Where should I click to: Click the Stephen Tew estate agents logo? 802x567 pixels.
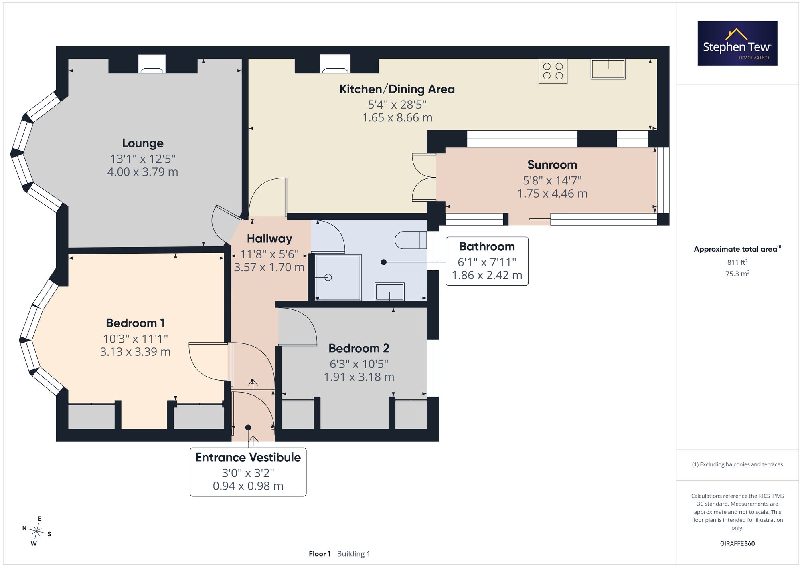click(x=737, y=43)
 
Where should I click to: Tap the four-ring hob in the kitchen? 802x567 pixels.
click(x=553, y=71)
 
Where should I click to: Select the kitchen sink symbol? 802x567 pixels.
click(x=608, y=69)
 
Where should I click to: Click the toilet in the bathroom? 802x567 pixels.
click(x=411, y=240)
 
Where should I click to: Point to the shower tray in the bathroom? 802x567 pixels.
click(x=338, y=277)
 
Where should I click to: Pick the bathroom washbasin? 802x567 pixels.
click(x=389, y=291)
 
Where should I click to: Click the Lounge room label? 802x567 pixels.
click(x=143, y=143)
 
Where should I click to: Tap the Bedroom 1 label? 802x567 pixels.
click(x=136, y=323)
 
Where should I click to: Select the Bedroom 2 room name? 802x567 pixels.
click(x=359, y=348)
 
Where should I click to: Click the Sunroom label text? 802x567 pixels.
click(x=552, y=165)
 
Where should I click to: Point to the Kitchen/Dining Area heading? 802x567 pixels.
click(x=397, y=89)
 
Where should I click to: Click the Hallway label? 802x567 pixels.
click(x=269, y=239)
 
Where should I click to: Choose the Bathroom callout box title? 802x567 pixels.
click(x=487, y=246)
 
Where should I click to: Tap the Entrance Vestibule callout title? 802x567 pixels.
click(x=248, y=457)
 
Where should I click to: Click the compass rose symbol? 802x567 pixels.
click(x=37, y=532)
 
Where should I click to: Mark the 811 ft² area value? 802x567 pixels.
click(x=737, y=262)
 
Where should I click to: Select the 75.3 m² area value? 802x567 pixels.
click(x=737, y=274)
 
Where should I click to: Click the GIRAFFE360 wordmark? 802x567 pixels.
click(x=737, y=544)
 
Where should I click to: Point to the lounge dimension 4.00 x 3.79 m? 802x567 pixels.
click(x=143, y=172)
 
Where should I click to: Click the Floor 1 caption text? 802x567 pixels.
click(x=320, y=554)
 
